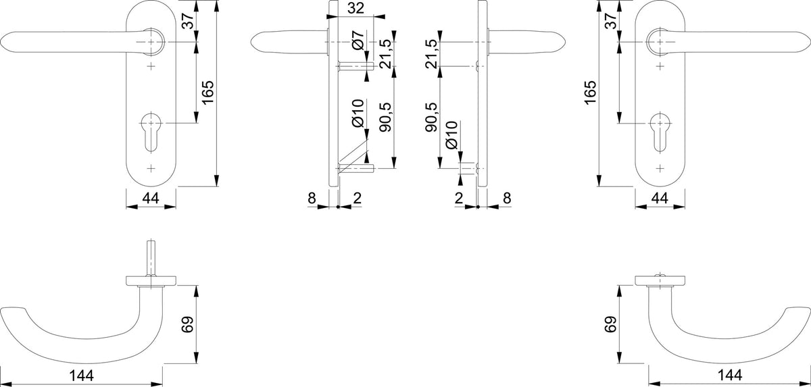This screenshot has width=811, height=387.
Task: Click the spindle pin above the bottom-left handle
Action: [x=151, y=258]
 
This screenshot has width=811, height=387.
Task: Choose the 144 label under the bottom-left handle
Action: [x=82, y=376]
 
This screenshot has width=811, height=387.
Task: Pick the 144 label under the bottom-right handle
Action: [x=730, y=376]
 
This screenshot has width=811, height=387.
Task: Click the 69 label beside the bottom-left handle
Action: [x=188, y=324]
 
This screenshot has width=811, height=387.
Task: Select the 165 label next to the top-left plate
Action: [x=207, y=93]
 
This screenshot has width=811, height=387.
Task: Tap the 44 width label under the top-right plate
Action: [x=660, y=198]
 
